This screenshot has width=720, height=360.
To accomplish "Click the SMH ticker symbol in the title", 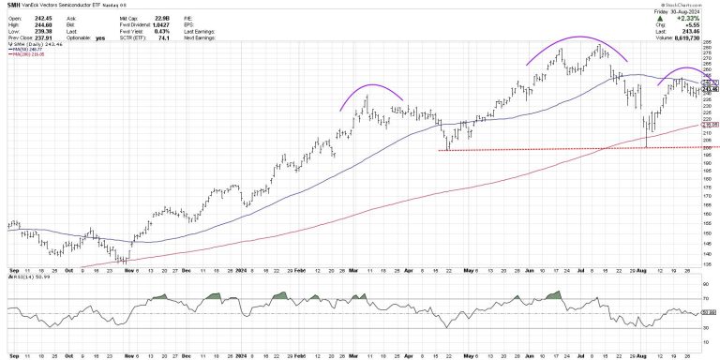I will [13, 6].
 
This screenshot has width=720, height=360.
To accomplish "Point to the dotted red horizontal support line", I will [562, 148].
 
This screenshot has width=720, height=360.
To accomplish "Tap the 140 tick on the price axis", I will [709, 253].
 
